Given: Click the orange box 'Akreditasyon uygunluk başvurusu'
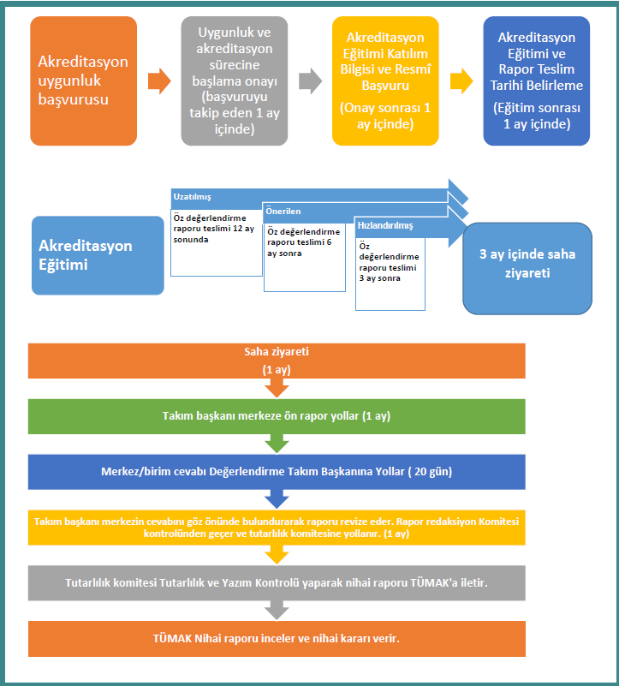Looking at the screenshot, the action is pyautogui.click(x=84, y=81).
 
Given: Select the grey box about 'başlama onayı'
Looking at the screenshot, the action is pyautogui.click(x=235, y=81).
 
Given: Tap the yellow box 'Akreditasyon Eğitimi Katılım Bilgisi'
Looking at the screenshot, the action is pyautogui.click(x=385, y=81).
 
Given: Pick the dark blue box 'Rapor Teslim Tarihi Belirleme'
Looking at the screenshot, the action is pyautogui.click(x=536, y=81).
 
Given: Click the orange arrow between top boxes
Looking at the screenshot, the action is pyautogui.click(x=159, y=81).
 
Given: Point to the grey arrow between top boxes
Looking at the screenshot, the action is pyautogui.click(x=310, y=81).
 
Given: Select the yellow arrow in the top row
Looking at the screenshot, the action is pyautogui.click(x=461, y=81).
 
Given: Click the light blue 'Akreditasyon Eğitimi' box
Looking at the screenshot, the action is pyautogui.click(x=98, y=255).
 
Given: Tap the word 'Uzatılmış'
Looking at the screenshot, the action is pyautogui.click(x=192, y=197).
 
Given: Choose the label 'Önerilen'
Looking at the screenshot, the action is pyautogui.click(x=283, y=212).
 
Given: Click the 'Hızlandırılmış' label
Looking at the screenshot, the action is pyautogui.click(x=385, y=226).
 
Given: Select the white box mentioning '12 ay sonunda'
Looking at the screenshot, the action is pyautogui.click(x=217, y=243).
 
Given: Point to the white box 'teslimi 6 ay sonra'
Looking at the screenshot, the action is pyautogui.click(x=305, y=257).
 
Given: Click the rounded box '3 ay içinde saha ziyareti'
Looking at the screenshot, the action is pyautogui.click(x=527, y=269).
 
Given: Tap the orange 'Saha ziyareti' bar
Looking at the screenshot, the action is pyautogui.click(x=277, y=361).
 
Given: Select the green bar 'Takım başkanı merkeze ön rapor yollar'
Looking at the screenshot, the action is pyautogui.click(x=277, y=416).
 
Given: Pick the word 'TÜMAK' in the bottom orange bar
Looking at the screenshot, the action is pyautogui.click(x=172, y=639).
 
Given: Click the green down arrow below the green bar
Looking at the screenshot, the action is pyautogui.click(x=277, y=444).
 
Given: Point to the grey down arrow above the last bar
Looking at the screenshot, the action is pyautogui.click(x=277, y=611).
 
